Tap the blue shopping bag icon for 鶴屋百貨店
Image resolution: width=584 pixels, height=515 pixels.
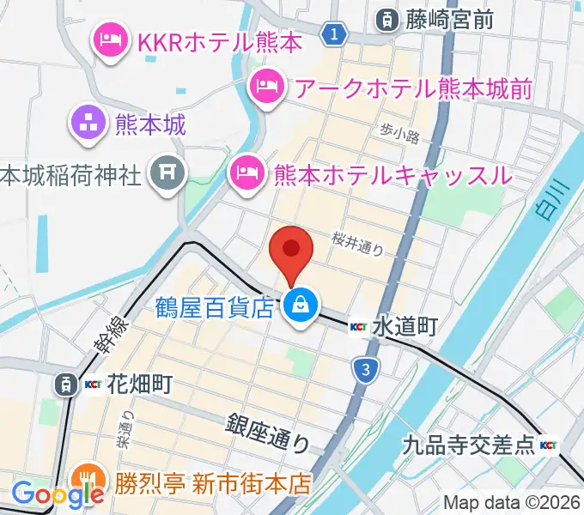(x=301, y=304)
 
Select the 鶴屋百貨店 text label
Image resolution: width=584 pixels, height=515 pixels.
(x=215, y=305)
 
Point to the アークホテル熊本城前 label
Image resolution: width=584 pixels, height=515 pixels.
(x=412, y=87)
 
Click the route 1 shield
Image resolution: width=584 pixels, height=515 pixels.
(x=335, y=34)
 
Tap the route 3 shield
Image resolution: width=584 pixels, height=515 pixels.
(x=366, y=370)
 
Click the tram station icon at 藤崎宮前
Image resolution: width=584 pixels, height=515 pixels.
(x=387, y=16)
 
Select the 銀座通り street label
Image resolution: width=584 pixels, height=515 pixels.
(x=269, y=432)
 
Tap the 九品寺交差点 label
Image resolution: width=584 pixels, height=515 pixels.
(x=469, y=445)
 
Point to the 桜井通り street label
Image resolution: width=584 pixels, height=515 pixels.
(x=358, y=244)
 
